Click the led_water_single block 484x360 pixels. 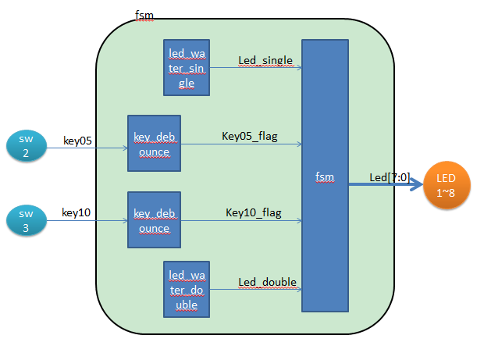[x=186, y=67]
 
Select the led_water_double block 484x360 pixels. [x=186, y=289]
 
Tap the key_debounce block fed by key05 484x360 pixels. [x=154, y=143]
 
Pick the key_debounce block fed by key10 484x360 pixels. [x=154, y=219]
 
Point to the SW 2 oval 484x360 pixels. [x=26, y=147]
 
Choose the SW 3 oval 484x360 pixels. [x=26, y=221]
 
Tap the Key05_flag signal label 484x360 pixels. [x=250, y=137]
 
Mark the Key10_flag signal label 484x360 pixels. [x=254, y=212]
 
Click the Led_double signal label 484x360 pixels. [x=266, y=282]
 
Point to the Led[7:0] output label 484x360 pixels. [x=388, y=177]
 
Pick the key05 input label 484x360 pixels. [x=77, y=141]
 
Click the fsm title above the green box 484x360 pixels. [x=144, y=16]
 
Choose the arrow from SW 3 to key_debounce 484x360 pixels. [x=86, y=221]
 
